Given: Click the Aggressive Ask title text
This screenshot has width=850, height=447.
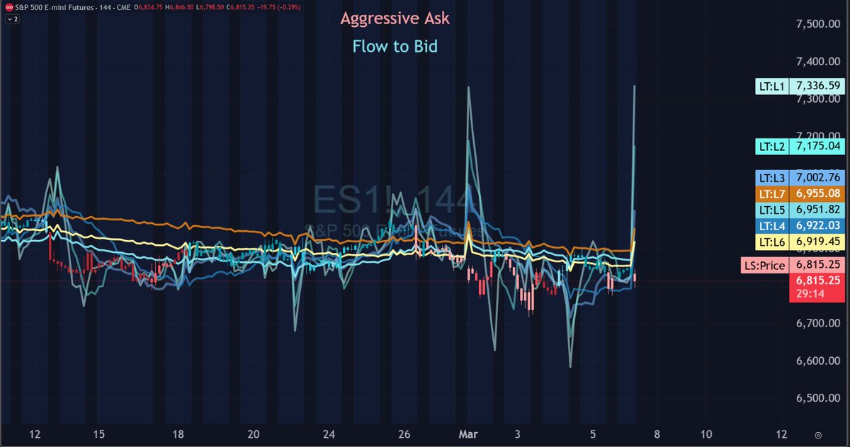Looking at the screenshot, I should (395, 19).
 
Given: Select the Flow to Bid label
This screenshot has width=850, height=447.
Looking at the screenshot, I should (395, 47).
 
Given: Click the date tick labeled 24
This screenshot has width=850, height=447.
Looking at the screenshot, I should (328, 434).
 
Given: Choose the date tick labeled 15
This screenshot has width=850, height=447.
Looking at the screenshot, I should (98, 434).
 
